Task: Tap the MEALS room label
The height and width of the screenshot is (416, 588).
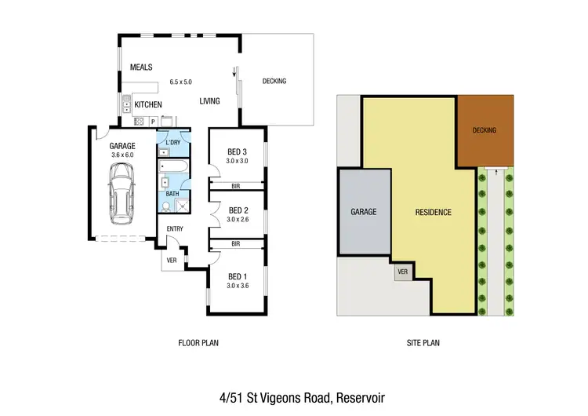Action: click(x=141, y=68)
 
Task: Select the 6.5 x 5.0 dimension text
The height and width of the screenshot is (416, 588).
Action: click(x=180, y=82)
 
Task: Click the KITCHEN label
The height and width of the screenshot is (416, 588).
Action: click(x=148, y=104)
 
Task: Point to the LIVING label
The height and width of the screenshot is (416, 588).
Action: click(x=209, y=101)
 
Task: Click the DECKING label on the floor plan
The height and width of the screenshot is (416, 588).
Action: click(x=274, y=82)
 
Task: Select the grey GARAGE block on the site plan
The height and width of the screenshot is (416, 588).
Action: click(x=364, y=212)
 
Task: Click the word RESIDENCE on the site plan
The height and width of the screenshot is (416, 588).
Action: click(x=433, y=212)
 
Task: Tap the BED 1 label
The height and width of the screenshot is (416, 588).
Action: click(x=237, y=276)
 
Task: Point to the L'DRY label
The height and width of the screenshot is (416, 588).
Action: click(x=173, y=141)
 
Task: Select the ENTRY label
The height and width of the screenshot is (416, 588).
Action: click(x=174, y=228)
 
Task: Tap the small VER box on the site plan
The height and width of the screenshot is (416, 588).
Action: click(x=404, y=272)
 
